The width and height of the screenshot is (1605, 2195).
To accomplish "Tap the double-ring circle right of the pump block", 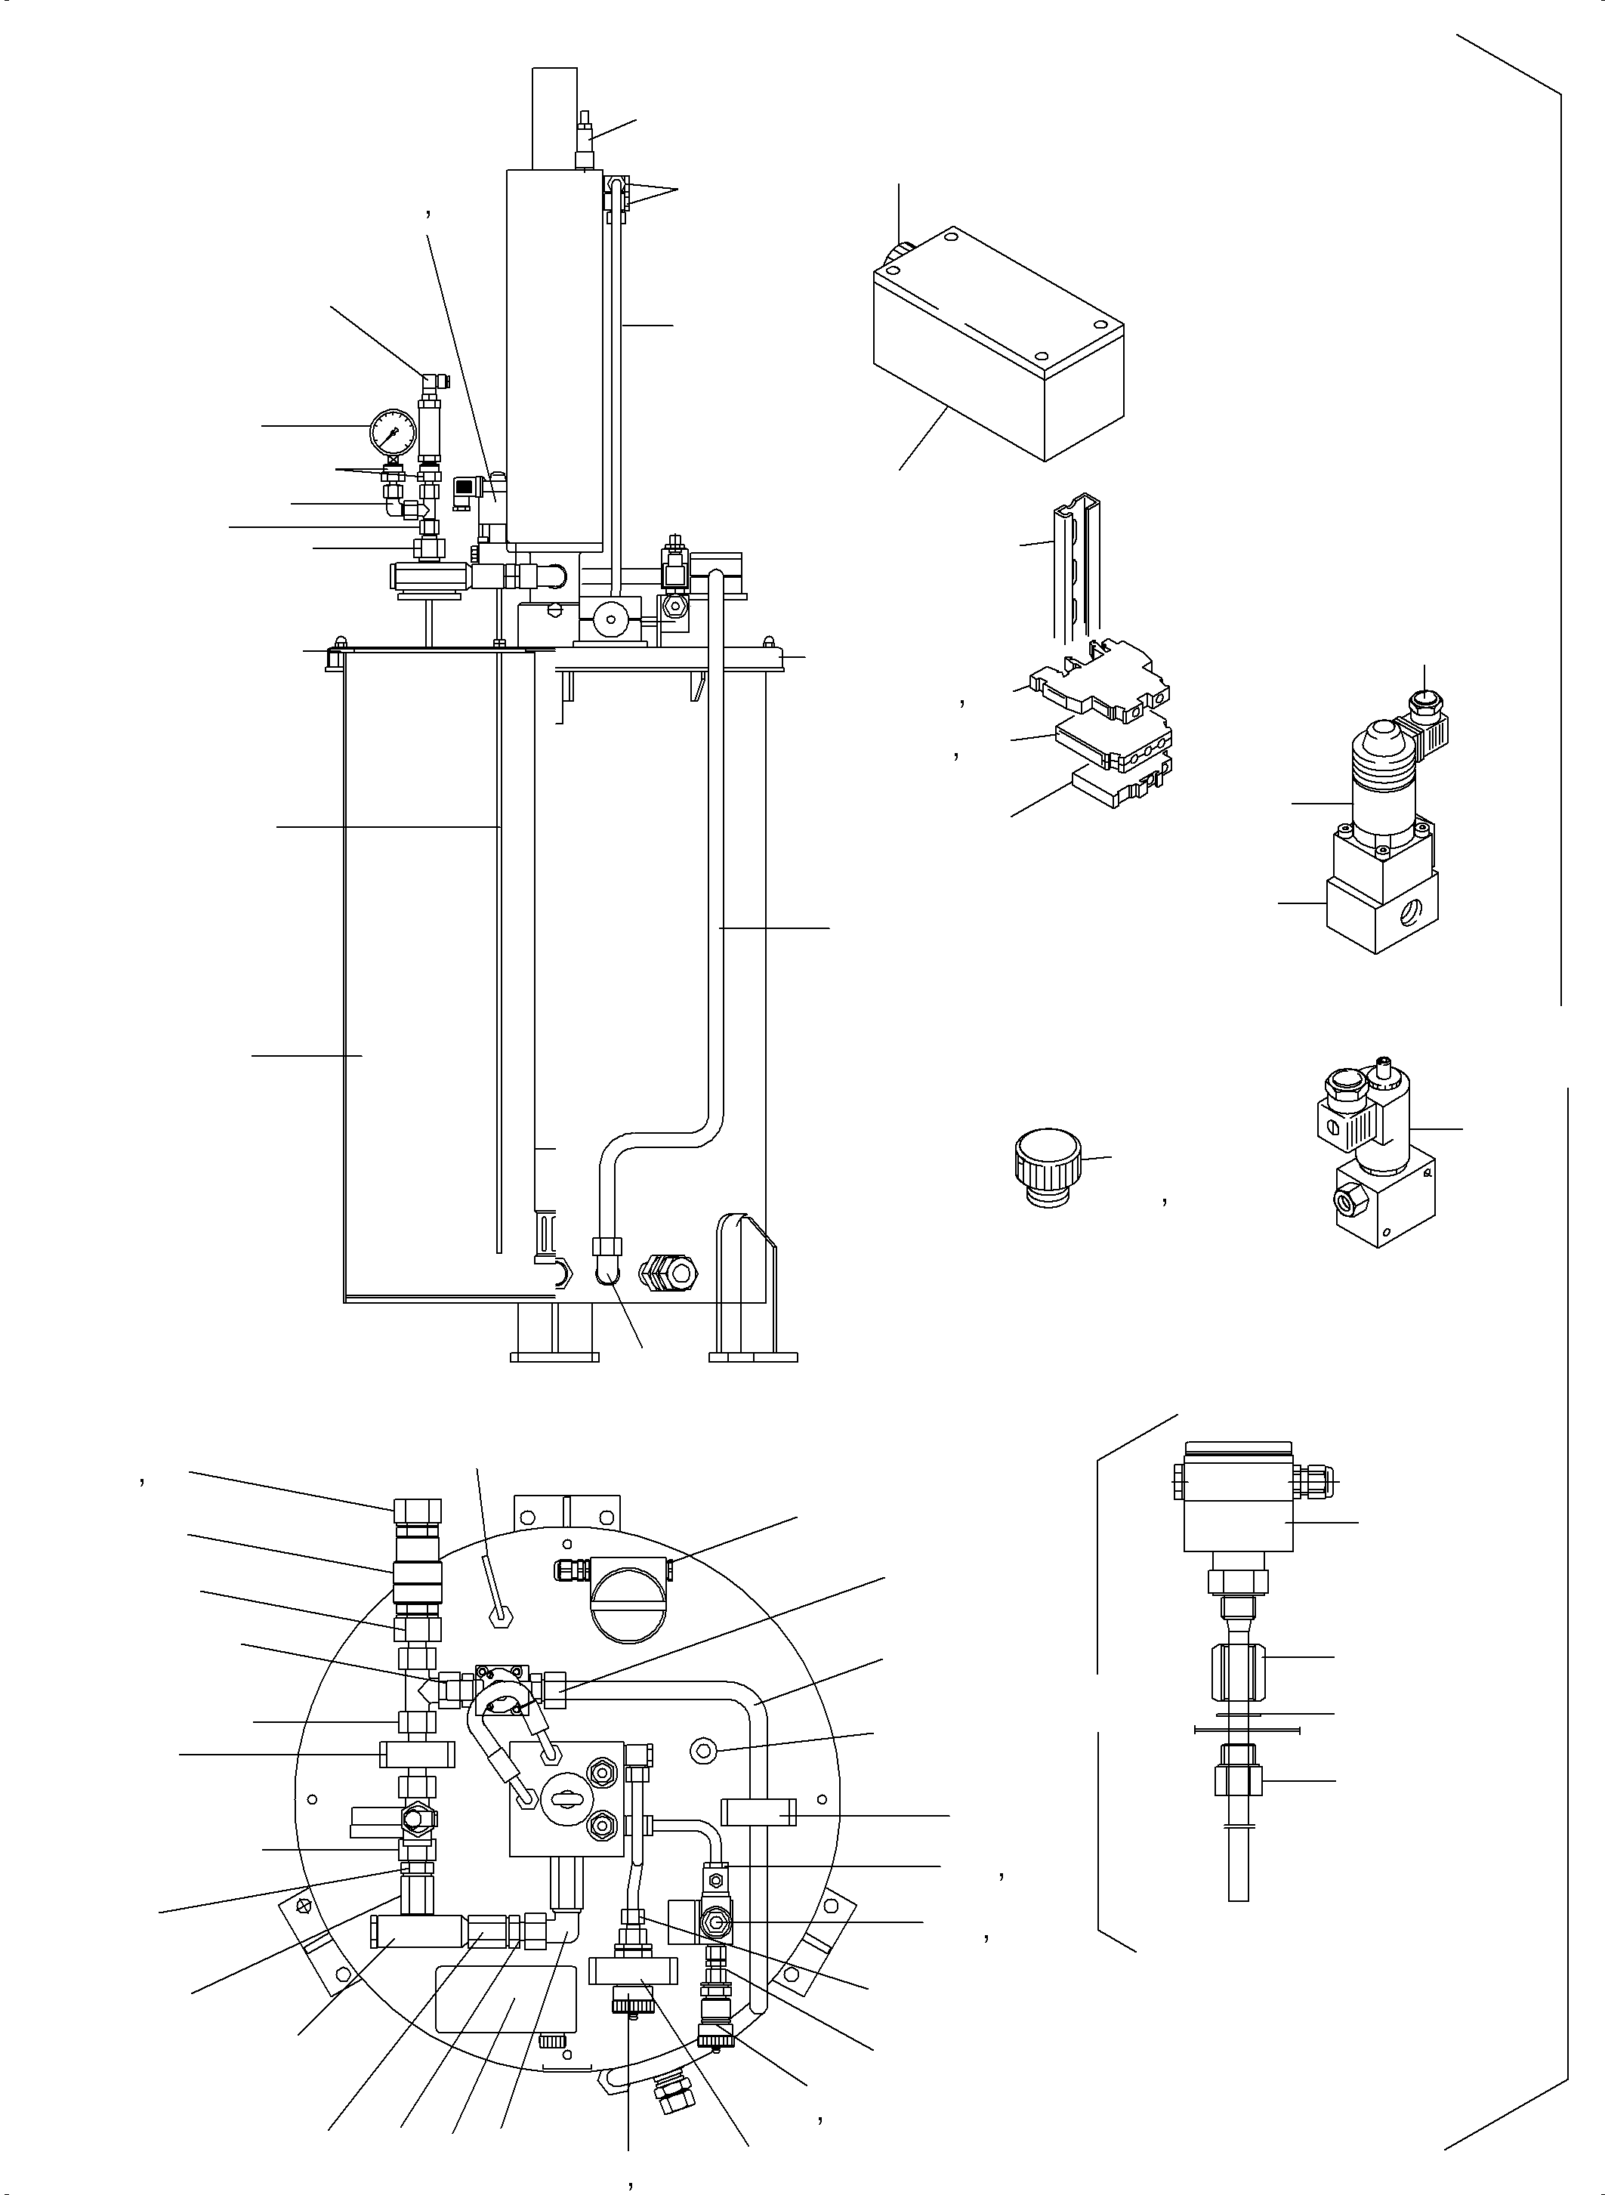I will [x=702, y=1751].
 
